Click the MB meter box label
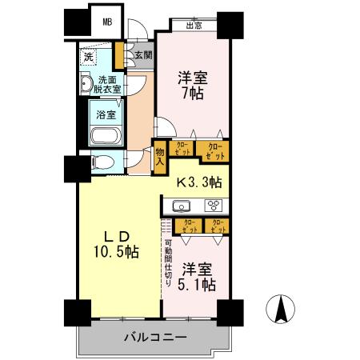tap(106, 22)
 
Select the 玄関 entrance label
tap(143, 56)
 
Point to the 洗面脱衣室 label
tap(110, 85)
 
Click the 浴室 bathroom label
tap(106, 114)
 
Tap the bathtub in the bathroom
tap(105, 135)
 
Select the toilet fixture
tap(102, 163)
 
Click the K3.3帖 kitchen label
tap(200, 182)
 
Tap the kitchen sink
tap(181, 206)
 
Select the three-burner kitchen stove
tap(214, 206)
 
